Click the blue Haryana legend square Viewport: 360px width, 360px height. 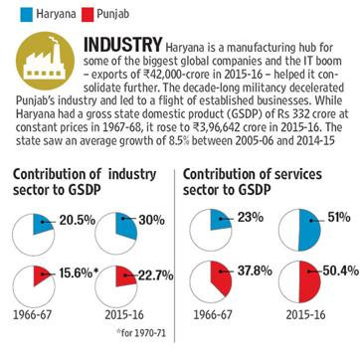coord(26,15)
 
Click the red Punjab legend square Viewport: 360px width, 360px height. coord(88,15)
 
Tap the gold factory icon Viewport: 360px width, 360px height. coord(46,62)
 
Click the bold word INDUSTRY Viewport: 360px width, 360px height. coord(123,45)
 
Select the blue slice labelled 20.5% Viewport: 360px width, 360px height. coord(42,223)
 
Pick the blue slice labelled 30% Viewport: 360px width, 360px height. coord(126,226)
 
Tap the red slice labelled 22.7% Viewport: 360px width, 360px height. coord(126,274)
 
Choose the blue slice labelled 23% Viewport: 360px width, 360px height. coord(221,222)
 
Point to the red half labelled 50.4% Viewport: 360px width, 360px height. coord(310,281)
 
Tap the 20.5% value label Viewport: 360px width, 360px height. coord(78,221)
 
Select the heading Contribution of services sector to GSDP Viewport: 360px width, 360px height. coord(253,183)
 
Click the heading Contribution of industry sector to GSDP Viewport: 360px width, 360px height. coord(85,183)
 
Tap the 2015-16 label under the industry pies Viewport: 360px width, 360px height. coord(124,314)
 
